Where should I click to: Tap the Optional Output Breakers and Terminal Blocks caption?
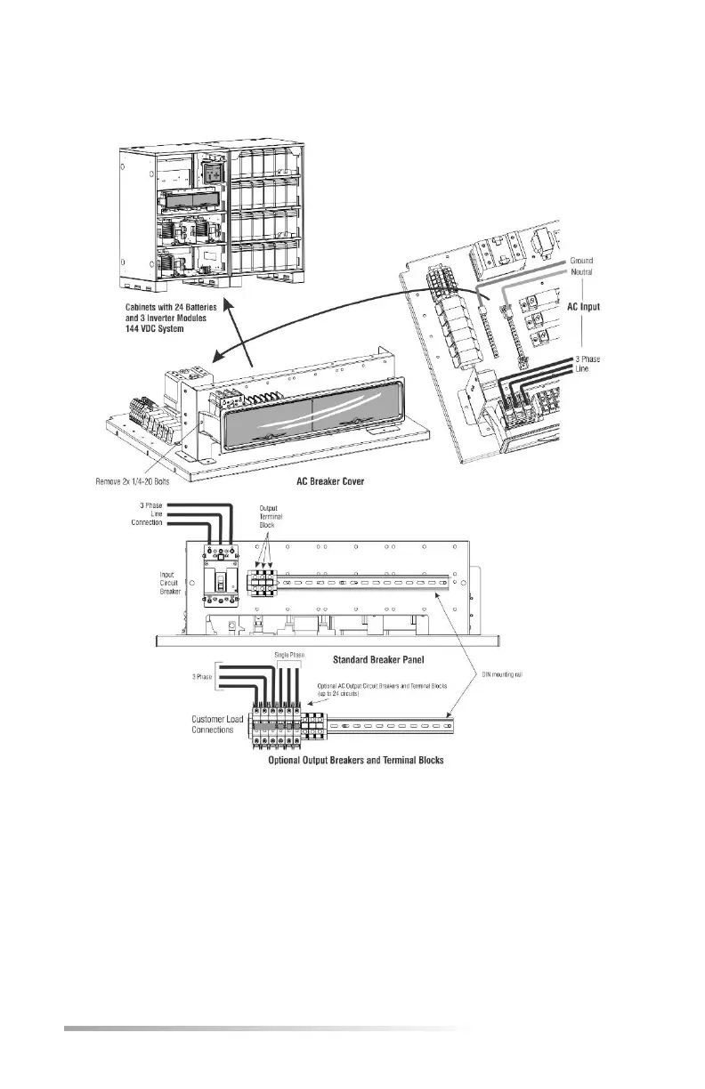click(357, 761)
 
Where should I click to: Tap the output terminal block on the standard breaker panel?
click(264, 582)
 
